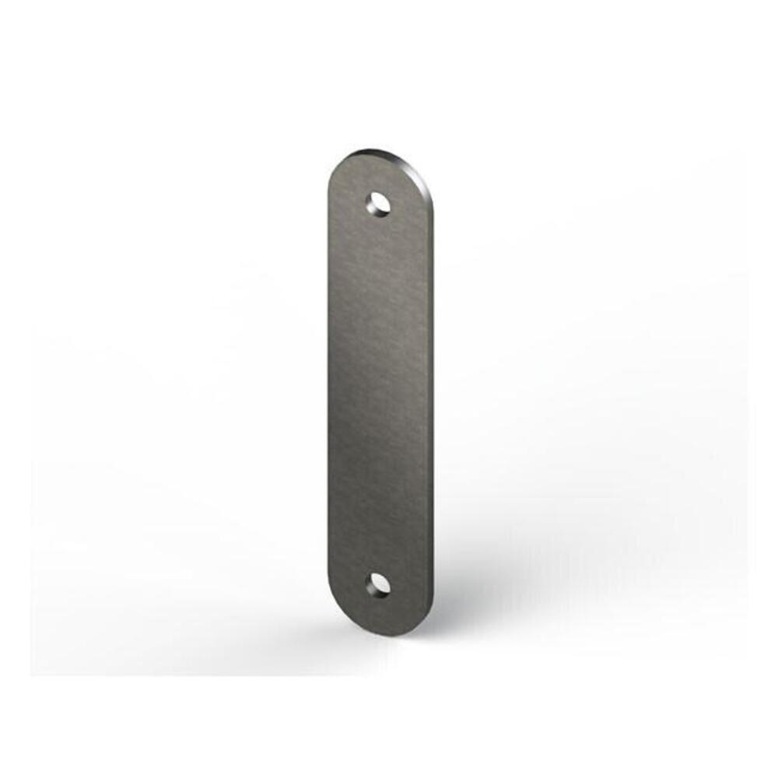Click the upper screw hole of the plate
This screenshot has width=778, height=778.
[379, 203]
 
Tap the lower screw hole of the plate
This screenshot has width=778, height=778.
[379, 583]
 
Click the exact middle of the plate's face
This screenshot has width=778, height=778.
[380, 393]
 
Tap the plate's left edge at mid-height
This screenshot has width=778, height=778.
[329, 393]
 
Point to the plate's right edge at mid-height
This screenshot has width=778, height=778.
[432, 393]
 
